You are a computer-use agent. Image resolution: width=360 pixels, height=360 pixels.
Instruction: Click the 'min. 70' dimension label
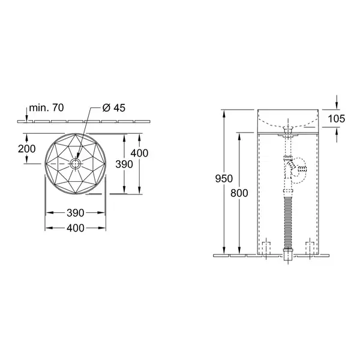46,107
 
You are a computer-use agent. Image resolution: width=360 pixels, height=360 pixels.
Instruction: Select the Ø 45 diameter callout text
114,107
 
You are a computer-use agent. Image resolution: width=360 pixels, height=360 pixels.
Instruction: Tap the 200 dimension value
27,149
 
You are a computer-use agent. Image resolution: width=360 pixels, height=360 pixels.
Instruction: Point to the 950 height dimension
224,178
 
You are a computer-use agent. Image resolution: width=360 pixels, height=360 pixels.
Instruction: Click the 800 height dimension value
239,193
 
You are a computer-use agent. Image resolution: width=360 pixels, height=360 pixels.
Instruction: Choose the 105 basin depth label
337,119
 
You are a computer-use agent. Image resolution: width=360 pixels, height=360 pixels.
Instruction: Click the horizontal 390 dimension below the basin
76,213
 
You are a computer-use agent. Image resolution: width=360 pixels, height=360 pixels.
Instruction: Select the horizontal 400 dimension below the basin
76,228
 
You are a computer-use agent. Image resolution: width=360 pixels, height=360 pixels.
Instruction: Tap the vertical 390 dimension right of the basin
124,164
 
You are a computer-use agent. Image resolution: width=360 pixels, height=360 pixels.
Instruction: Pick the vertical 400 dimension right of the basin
139,153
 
